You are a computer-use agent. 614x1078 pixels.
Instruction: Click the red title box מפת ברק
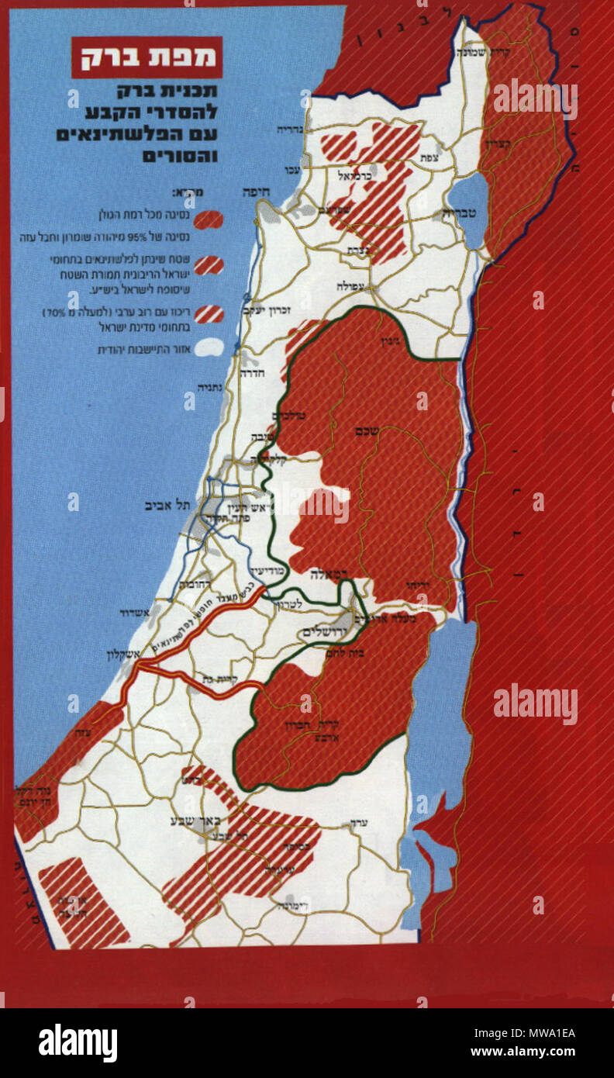point(147,57)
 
